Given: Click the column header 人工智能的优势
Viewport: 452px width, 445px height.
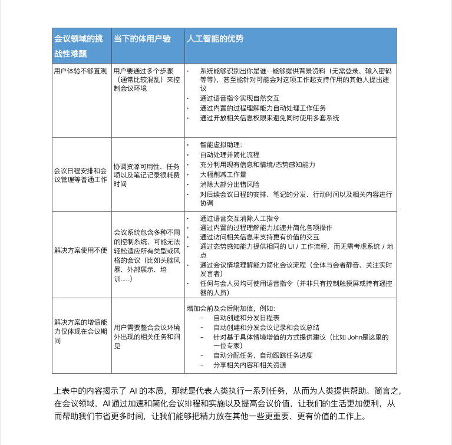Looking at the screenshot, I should [x=215, y=39].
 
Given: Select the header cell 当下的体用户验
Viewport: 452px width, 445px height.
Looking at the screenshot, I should [x=142, y=39].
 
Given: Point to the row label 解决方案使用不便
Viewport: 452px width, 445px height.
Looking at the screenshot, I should [x=80, y=250].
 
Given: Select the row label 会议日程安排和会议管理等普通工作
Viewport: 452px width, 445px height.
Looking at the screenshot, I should [x=80, y=174].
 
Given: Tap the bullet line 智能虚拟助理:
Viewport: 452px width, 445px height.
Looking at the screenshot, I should [x=221, y=145].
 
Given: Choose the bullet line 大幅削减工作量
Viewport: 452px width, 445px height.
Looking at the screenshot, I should [x=223, y=174].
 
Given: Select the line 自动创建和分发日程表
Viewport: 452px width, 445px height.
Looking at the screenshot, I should [x=246, y=317].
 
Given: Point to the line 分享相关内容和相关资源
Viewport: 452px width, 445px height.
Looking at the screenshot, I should [x=249, y=365].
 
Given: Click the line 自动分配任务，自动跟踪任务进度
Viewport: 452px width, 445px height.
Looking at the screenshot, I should [x=262, y=355].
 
